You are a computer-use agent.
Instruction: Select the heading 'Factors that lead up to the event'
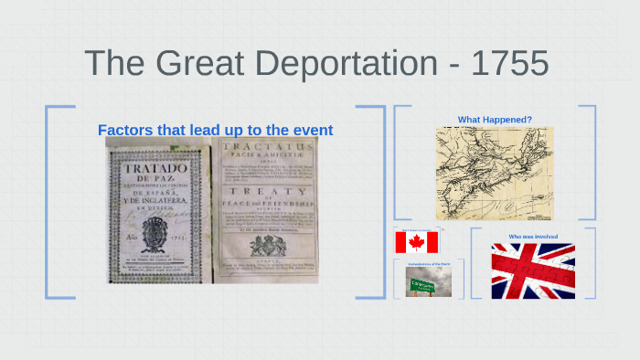tap(215, 130)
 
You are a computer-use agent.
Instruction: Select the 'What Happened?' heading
tap(495, 119)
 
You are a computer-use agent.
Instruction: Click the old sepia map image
tap(494, 172)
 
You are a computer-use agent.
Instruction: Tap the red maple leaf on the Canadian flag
tap(417, 242)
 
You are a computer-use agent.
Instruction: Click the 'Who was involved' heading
tap(533, 237)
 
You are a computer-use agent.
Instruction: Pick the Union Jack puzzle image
tap(533, 270)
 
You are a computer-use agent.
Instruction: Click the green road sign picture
tap(430, 284)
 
